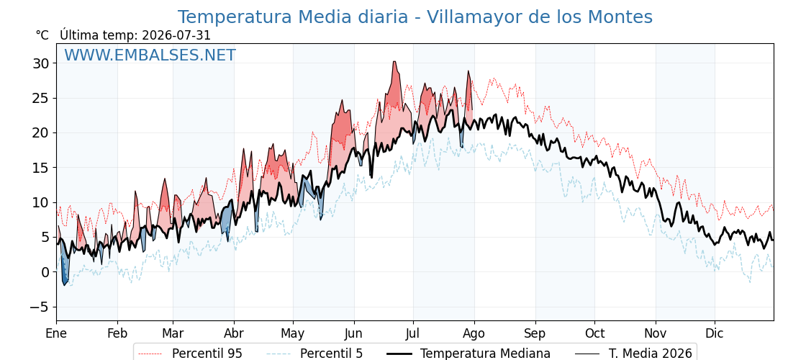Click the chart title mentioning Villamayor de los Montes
(415, 17)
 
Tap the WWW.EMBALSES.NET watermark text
(150, 55)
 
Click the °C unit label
(42, 35)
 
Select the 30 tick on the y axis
(42, 63)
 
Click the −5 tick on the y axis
(39, 307)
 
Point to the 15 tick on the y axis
(42, 168)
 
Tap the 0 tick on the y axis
(46, 272)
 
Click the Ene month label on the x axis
(56, 333)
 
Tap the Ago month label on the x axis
(474, 333)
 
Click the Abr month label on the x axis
(234, 333)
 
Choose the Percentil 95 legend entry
(191, 354)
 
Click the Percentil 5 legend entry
(315, 354)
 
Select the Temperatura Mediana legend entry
(468, 354)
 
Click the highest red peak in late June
(394, 62)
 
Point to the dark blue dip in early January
(65, 282)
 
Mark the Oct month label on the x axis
(594, 333)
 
